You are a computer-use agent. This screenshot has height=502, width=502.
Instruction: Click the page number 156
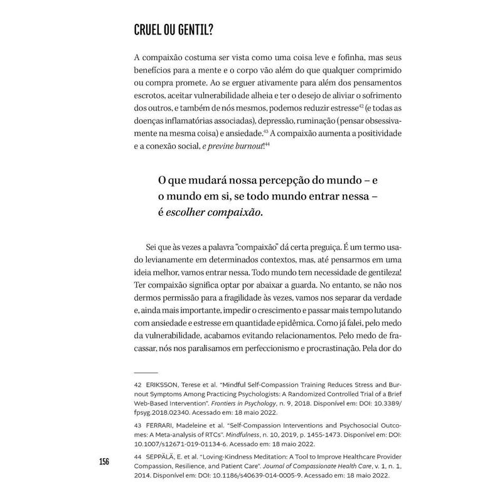click(104, 462)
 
